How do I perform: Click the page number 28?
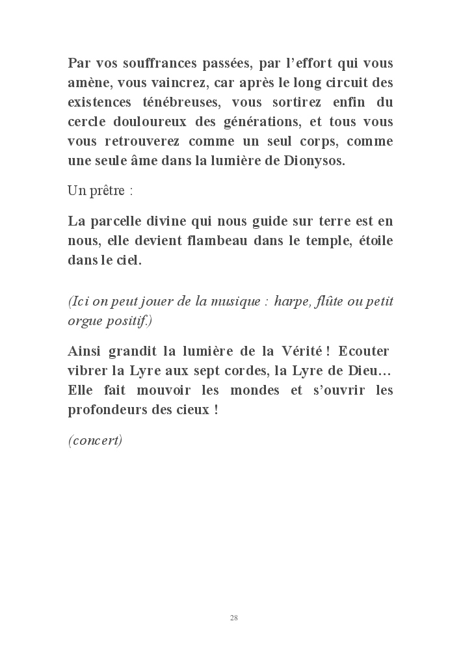234,617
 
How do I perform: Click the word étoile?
374,240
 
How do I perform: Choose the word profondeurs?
107,410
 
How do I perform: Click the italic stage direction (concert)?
95,440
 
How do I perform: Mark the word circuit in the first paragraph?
328,83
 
